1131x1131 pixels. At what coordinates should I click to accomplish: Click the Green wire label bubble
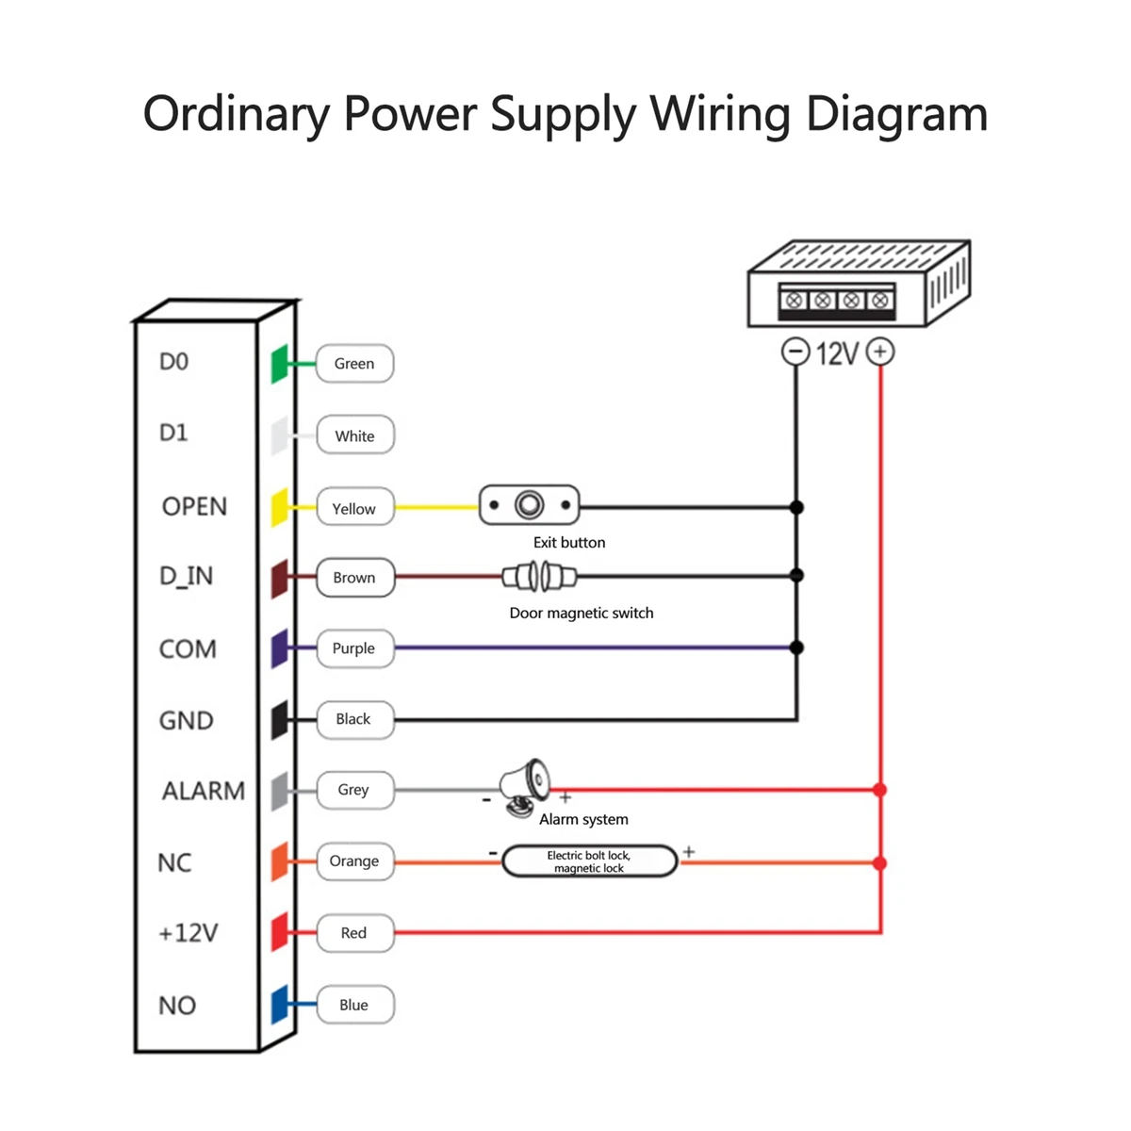point(354,364)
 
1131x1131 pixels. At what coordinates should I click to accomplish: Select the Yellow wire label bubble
point(354,509)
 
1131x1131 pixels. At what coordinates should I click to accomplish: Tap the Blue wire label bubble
point(354,1005)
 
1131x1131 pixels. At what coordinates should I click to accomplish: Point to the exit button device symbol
point(529,506)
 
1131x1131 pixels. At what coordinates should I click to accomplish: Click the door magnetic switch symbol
point(539,576)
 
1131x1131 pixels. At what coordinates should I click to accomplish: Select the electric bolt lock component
point(589,861)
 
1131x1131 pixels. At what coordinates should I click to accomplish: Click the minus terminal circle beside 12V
point(795,352)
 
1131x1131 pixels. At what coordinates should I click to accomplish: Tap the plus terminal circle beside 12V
point(880,352)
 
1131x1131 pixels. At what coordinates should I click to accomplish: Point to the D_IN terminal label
point(186,576)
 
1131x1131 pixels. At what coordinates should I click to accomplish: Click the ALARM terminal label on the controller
point(203,791)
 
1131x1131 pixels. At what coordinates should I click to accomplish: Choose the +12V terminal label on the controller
point(188,933)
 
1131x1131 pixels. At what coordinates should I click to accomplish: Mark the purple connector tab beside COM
point(280,648)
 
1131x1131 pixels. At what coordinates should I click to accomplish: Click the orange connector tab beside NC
point(280,861)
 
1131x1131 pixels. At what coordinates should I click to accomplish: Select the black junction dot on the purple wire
point(796,647)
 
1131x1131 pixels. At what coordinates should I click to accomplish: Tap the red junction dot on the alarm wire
point(879,790)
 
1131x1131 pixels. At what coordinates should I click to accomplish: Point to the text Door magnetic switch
point(581,614)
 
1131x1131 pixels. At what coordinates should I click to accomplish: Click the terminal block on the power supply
point(837,300)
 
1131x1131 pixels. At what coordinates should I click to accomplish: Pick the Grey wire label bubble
point(354,790)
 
